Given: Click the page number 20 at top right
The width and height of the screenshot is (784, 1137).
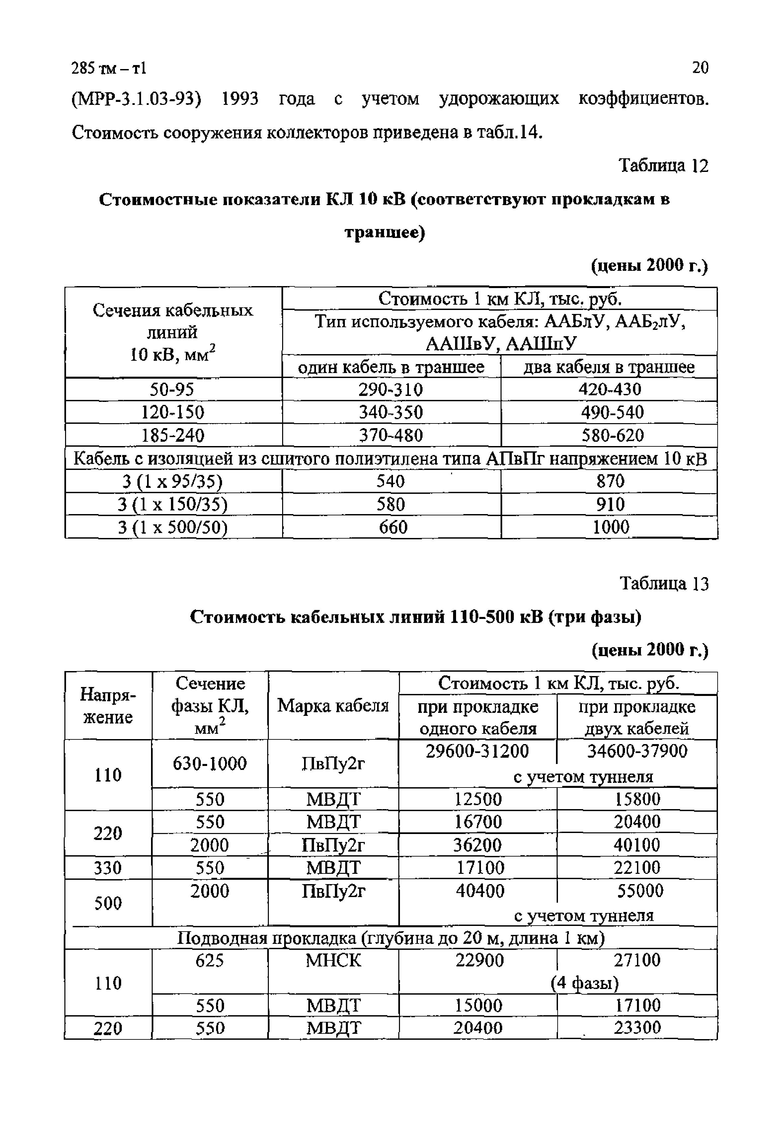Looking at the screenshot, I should [699, 67].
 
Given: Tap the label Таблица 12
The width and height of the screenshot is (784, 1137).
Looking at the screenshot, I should [663, 166].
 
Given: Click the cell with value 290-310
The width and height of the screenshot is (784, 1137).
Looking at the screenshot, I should [391, 390].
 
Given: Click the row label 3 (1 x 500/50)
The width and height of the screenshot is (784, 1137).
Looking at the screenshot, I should [173, 527].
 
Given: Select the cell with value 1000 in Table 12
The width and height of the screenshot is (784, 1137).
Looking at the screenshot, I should [611, 527].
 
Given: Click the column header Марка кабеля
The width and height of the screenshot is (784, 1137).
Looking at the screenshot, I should [333, 706].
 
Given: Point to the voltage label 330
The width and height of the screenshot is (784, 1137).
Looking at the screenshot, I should [108, 868].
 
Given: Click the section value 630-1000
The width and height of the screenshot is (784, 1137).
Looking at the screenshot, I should [210, 763].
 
